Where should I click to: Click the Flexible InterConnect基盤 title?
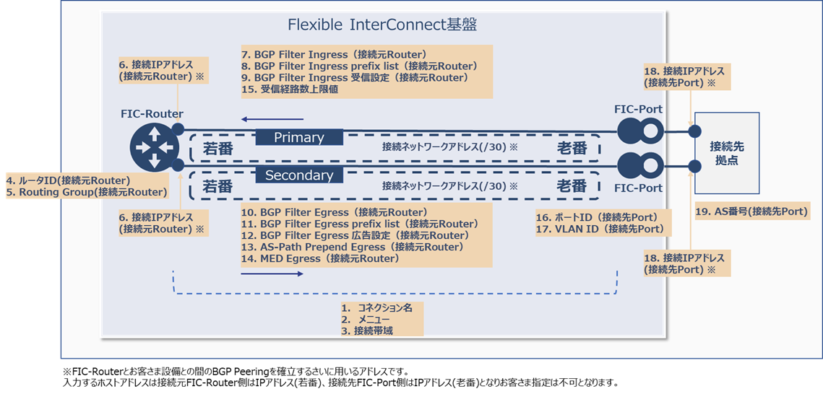coord(382,25)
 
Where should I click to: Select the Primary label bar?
coord(299,137)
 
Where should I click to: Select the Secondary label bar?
coord(299,175)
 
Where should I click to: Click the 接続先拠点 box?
coord(726,153)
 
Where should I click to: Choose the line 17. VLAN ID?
coord(600,229)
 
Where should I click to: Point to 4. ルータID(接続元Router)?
coord(68,180)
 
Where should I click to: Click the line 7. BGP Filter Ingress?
coord(334,54)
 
